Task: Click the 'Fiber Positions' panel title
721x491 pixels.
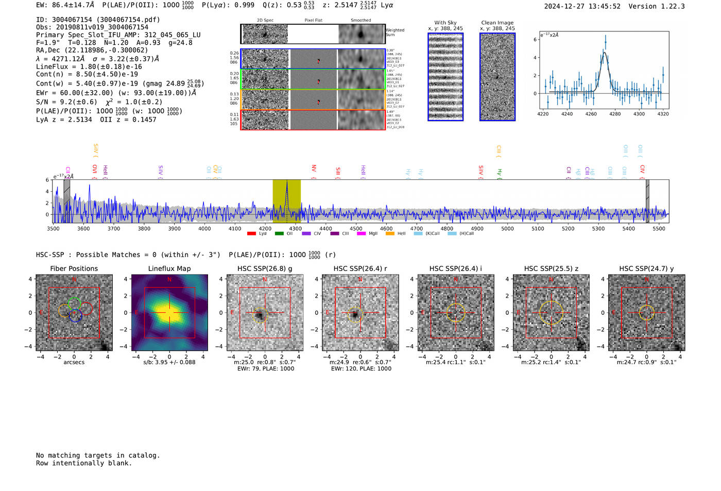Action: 74,268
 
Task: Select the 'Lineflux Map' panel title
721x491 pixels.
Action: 169,268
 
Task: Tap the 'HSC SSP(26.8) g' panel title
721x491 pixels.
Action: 265,268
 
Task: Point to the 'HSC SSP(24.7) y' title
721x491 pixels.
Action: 646,268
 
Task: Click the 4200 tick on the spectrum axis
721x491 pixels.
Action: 265,228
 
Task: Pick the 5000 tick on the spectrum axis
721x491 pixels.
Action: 507,228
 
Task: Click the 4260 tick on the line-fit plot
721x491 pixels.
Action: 591,114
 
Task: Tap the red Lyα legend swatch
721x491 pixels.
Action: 251,234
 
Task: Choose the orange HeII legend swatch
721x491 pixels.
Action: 390,234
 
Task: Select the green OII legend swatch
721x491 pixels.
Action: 279,234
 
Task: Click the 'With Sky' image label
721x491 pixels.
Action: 445,23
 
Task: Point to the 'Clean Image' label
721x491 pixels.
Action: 497,23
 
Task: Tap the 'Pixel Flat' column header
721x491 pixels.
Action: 313,21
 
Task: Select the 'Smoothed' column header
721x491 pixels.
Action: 360,21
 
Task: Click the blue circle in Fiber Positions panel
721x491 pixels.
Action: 76,316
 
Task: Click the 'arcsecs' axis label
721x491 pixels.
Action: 74,362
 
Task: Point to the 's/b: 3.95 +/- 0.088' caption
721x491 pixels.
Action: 169,362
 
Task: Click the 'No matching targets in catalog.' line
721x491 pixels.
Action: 98,455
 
